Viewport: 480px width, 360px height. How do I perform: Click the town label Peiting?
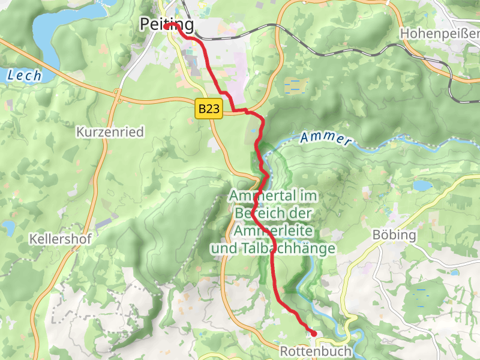point(167,25)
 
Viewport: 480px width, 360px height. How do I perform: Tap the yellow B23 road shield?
point(209,109)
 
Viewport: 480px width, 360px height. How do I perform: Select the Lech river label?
point(25,76)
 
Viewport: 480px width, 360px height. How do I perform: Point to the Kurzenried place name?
point(110,131)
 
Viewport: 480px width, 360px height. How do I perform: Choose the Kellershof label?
point(60,239)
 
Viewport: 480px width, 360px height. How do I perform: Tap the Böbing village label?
point(394,235)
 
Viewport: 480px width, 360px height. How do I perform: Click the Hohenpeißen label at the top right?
point(439,32)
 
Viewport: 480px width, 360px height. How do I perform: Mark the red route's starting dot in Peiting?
point(166,26)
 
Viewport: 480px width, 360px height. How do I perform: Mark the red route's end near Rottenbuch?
point(313,333)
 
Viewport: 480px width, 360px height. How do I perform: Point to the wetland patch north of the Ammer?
point(294,85)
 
